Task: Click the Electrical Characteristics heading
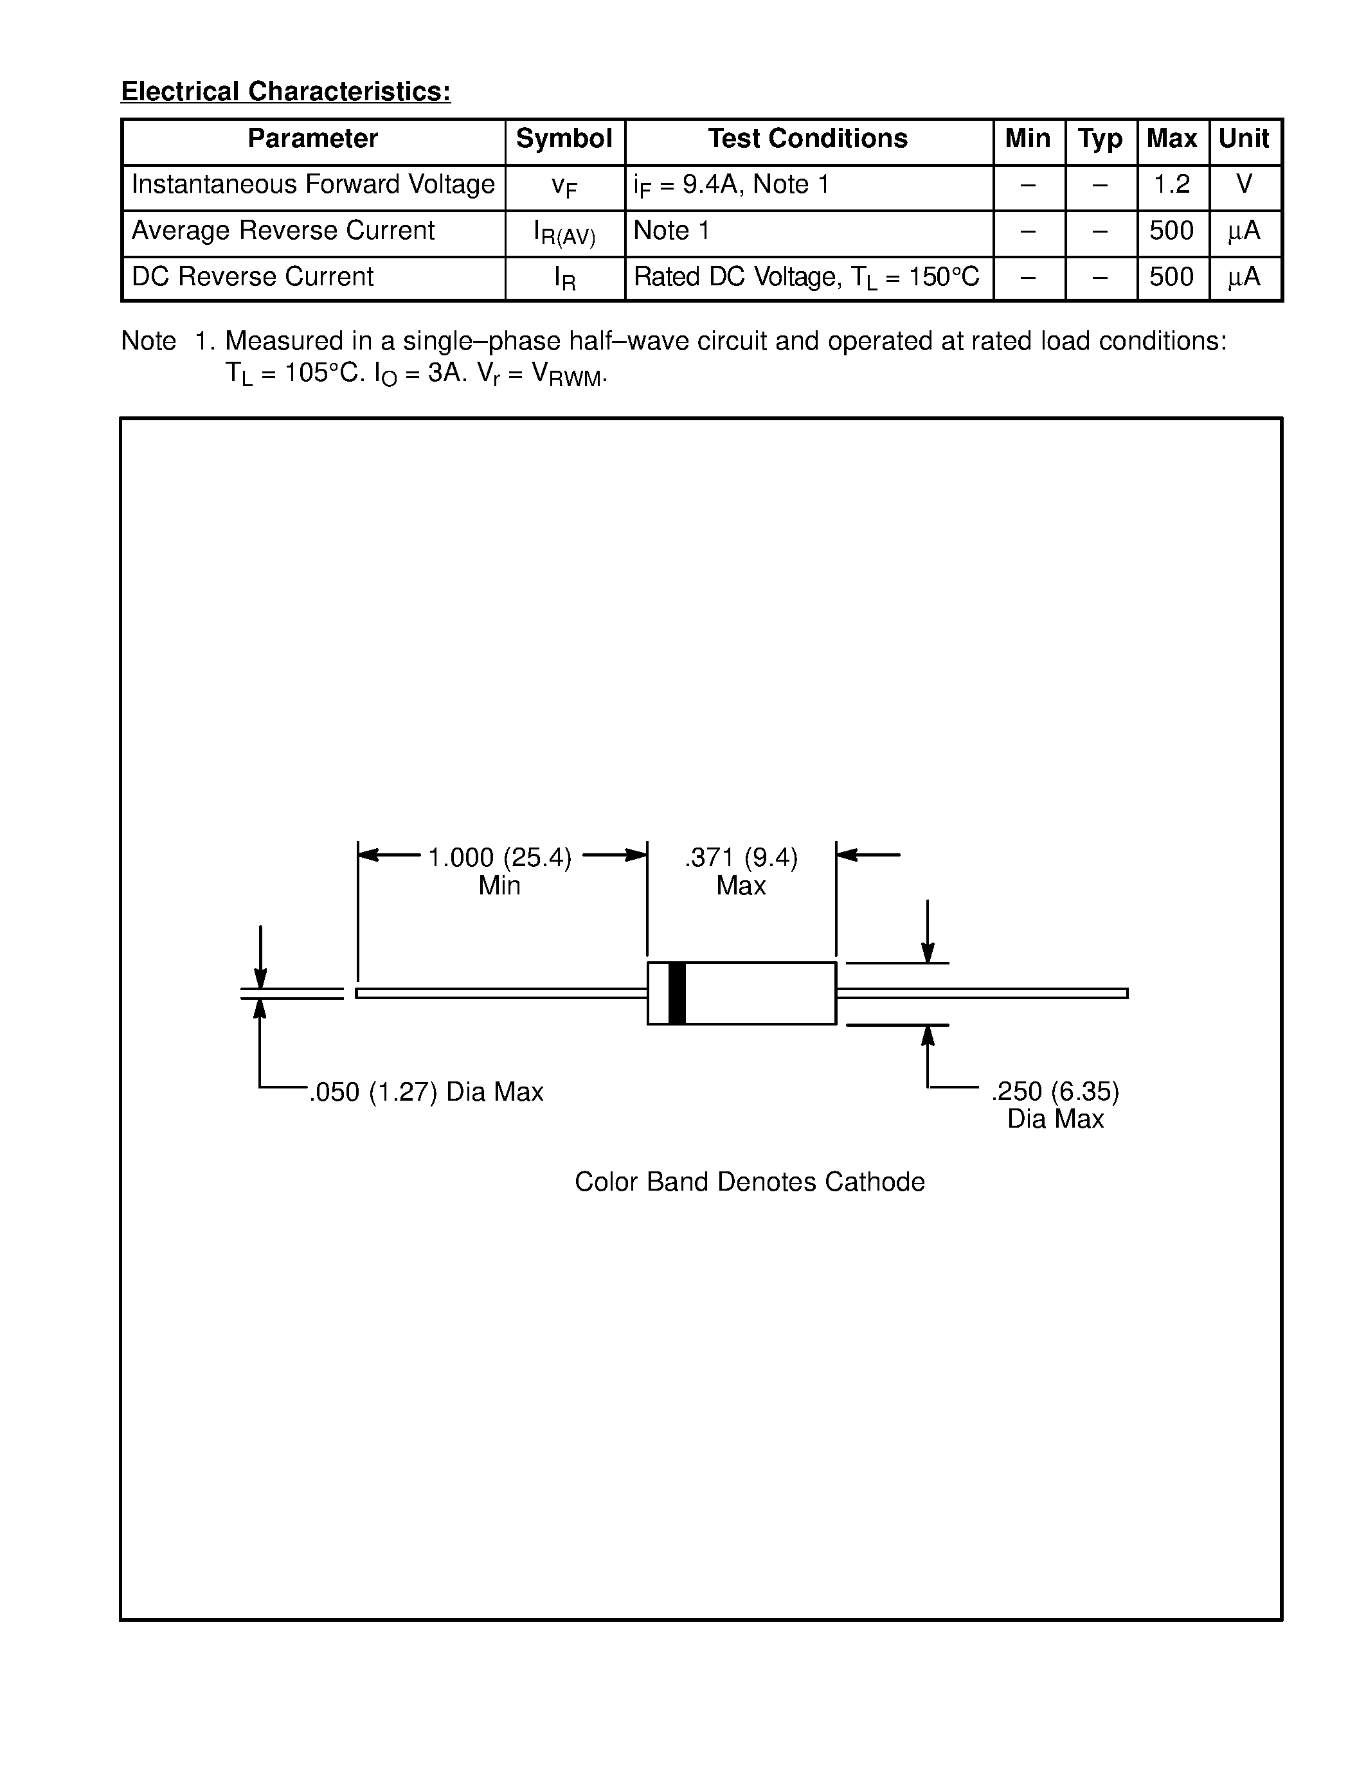tap(285, 91)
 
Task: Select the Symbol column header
tap(564, 139)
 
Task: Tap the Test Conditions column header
tap(807, 139)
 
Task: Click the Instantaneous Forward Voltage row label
tap(312, 185)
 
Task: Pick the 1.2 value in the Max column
tap(1172, 185)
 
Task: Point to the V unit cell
tap(1245, 185)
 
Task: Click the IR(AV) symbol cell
tap(564, 233)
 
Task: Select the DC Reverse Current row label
tap(253, 278)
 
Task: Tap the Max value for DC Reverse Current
tap(1172, 278)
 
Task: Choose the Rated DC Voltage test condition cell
tap(806, 278)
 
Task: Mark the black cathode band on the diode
tap(678, 993)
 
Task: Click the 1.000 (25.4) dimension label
tap(499, 858)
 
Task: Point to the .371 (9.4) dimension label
tap(741, 858)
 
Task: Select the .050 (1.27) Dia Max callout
tap(426, 1093)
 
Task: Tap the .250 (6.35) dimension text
tap(1056, 1092)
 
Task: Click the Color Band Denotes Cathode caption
tap(750, 1182)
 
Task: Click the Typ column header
tap(1101, 139)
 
